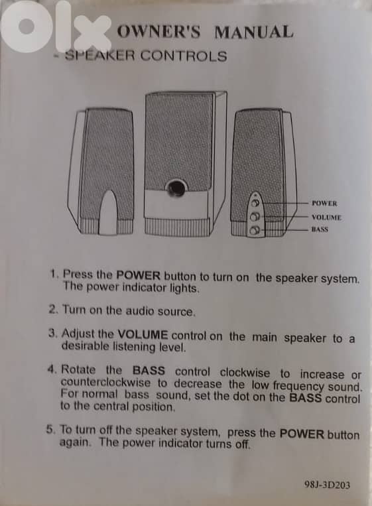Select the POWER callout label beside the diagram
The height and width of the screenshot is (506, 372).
(x=324, y=204)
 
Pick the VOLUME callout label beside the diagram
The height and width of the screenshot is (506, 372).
(x=326, y=217)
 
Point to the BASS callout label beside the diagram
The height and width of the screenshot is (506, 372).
(x=321, y=229)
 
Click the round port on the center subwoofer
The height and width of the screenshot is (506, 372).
(x=176, y=189)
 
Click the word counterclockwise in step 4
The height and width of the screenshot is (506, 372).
(x=106, y=383)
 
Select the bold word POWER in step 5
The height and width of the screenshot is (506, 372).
(x=302, y=434)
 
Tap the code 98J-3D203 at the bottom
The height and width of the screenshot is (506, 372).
(x=326, y=485)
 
